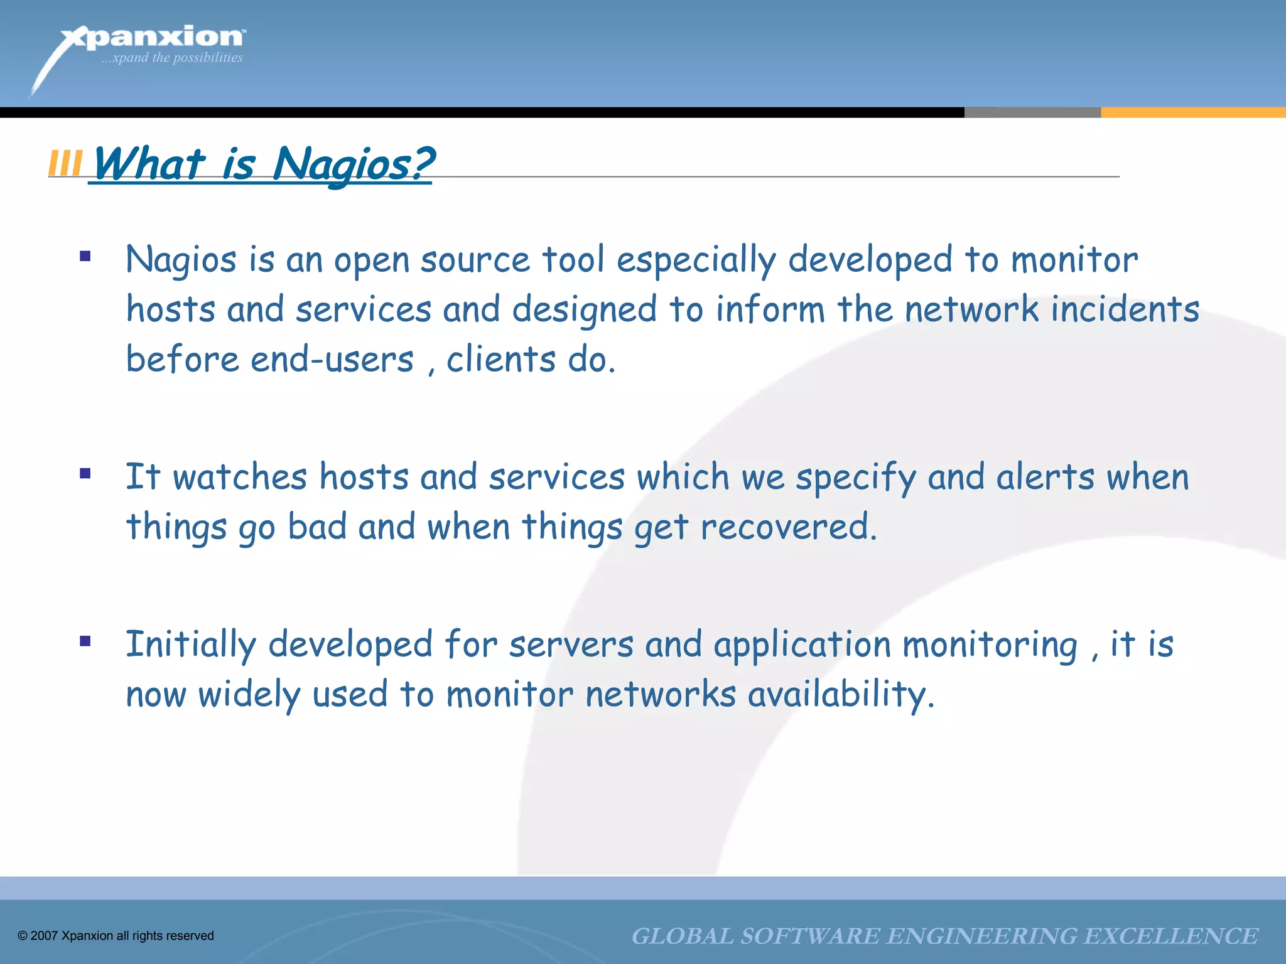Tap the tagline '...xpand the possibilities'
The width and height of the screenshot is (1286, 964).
(172, 58)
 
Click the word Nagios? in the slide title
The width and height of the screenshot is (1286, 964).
(353, 164)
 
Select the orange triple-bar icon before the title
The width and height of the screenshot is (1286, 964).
(65, 164)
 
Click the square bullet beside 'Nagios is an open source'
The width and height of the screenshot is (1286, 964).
(85, 256)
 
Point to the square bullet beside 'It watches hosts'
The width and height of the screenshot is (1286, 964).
(85, 473)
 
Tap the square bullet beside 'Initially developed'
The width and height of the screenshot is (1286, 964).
(85, 641)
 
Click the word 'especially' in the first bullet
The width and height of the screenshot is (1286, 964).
(696, 260)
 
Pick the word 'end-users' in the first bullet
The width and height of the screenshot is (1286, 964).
(332, 360)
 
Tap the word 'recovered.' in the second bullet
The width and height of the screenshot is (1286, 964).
(788, 527)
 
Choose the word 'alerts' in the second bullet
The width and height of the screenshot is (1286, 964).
(1046, 477)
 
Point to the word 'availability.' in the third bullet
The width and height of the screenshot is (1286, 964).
(841, 695)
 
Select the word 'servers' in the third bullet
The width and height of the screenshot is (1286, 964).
(571, 645)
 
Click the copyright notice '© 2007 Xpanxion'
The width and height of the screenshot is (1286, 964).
(116, 936)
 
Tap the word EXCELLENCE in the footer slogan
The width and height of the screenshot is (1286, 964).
(1171, 936)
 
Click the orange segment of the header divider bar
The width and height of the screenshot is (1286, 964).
(1193, 112)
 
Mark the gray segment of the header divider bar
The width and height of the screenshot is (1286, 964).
(1032, 112)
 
